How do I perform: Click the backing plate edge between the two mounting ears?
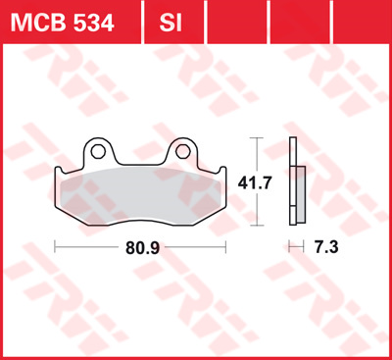pyautogui.click(x=139, y=163)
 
